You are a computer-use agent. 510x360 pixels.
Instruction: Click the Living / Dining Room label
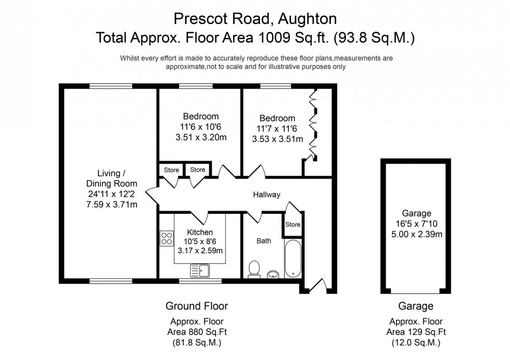(112, 178)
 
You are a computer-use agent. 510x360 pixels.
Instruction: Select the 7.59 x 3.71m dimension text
(112, 204)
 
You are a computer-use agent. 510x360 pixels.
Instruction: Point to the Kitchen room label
(200, 232)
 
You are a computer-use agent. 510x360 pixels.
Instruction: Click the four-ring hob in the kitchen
(167, 239)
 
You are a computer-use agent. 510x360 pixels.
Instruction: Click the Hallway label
(266, 195)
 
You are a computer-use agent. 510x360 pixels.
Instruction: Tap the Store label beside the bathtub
(292, 225)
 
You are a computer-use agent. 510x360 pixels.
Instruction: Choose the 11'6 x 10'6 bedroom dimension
(200, 127)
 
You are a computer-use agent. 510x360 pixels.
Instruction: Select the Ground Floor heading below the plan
(196, 305)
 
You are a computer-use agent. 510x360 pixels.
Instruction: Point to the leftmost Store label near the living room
(171, 170)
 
